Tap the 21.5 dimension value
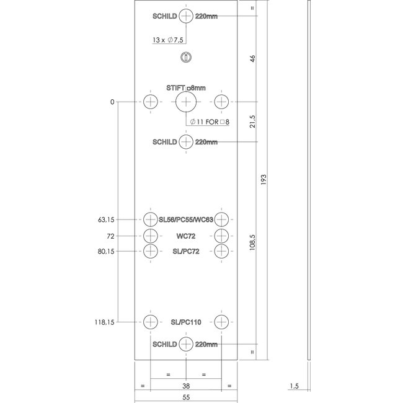[x=252, y=122]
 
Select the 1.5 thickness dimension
[x=295, y=386]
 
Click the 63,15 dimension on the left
[x=107, y=219]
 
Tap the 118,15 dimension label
[x=105, y=322]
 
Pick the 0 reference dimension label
[x=112, y=102]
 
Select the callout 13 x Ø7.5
[x=169, y=40]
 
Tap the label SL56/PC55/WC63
[x=185, y=219]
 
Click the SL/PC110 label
[x=186, y=322]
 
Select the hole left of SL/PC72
[x=151, y=251]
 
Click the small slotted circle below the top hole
[x=186, y=58]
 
